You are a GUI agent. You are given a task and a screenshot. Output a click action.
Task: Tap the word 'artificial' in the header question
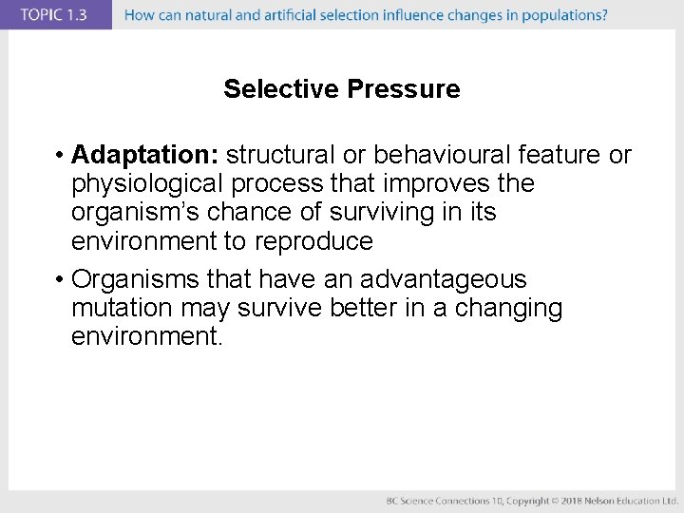294,14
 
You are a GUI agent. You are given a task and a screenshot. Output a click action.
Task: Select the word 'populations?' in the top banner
566,14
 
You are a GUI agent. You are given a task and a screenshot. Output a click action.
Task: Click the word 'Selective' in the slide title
282,89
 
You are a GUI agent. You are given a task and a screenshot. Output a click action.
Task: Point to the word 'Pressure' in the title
404,89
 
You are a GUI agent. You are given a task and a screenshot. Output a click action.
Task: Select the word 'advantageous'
443,279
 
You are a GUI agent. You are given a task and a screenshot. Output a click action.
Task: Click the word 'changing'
509,309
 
